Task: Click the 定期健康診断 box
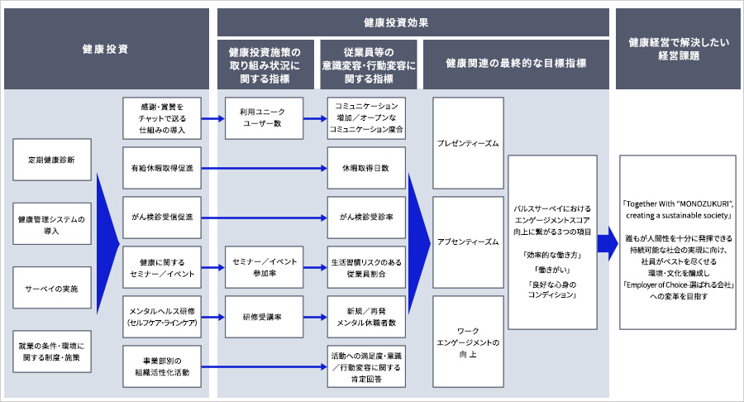click(52, 160)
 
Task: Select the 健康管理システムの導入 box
click(52, 224)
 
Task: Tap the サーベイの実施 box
click(52, 289)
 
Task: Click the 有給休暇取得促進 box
click(160, 168)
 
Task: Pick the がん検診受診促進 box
click(160, 218)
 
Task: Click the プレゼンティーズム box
click(468, 143)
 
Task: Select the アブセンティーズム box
click(468, 242)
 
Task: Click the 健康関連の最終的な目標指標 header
click(516, 63)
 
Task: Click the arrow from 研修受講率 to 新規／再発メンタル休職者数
click(311, 316)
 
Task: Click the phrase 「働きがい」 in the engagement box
click(553, 270)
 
